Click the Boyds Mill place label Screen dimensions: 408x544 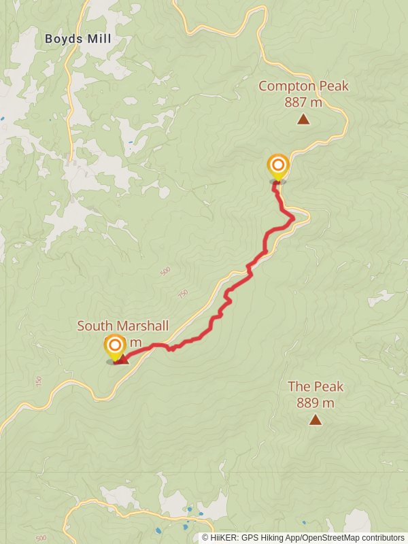click(78, 39)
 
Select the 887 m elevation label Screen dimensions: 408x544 click(303, 103)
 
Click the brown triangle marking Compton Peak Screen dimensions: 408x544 click(303, 120)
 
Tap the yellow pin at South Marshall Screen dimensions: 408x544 click(114, 347)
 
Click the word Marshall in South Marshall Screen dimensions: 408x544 click(141, 326)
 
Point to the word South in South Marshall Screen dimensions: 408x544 click(94, 326)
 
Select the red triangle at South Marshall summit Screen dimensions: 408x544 click(123, 358)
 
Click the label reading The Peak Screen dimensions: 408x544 click(316, 387)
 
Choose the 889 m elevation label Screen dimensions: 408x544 click(316, 403)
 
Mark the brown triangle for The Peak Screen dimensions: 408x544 click(315, 420)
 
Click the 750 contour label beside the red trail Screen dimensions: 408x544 click(182, 294)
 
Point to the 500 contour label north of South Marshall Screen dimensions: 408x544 click(165, 272)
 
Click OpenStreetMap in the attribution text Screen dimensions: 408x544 click(330, 537)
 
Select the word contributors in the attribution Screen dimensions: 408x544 click(382, 537)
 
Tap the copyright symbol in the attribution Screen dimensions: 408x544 click(206, 537)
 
